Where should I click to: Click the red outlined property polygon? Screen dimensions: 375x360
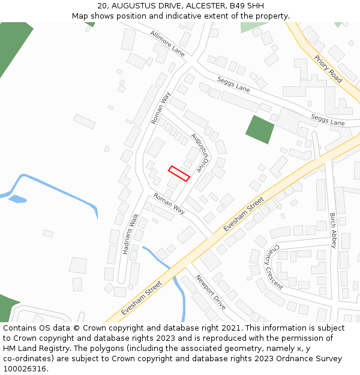(x=179, y=173)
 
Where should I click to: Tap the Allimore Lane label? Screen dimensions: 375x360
(x=167, y=43)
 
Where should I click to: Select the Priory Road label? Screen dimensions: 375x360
(x=328, y=69)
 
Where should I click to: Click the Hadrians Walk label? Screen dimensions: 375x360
(x=131, y=234)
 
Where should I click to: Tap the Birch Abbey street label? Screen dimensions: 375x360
(x=333, y=230)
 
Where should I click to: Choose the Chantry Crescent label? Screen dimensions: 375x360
(x=274, y=266)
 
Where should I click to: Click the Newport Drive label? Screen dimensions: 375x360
(x=210, y=292)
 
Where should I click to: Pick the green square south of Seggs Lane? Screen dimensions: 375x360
(x=260, y=130)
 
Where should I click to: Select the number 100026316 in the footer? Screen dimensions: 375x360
(x=25, y=368)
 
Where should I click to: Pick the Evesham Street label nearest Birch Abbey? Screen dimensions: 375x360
(x=244, y=214)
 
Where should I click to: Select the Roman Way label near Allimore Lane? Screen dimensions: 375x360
(x=161, y=107)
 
